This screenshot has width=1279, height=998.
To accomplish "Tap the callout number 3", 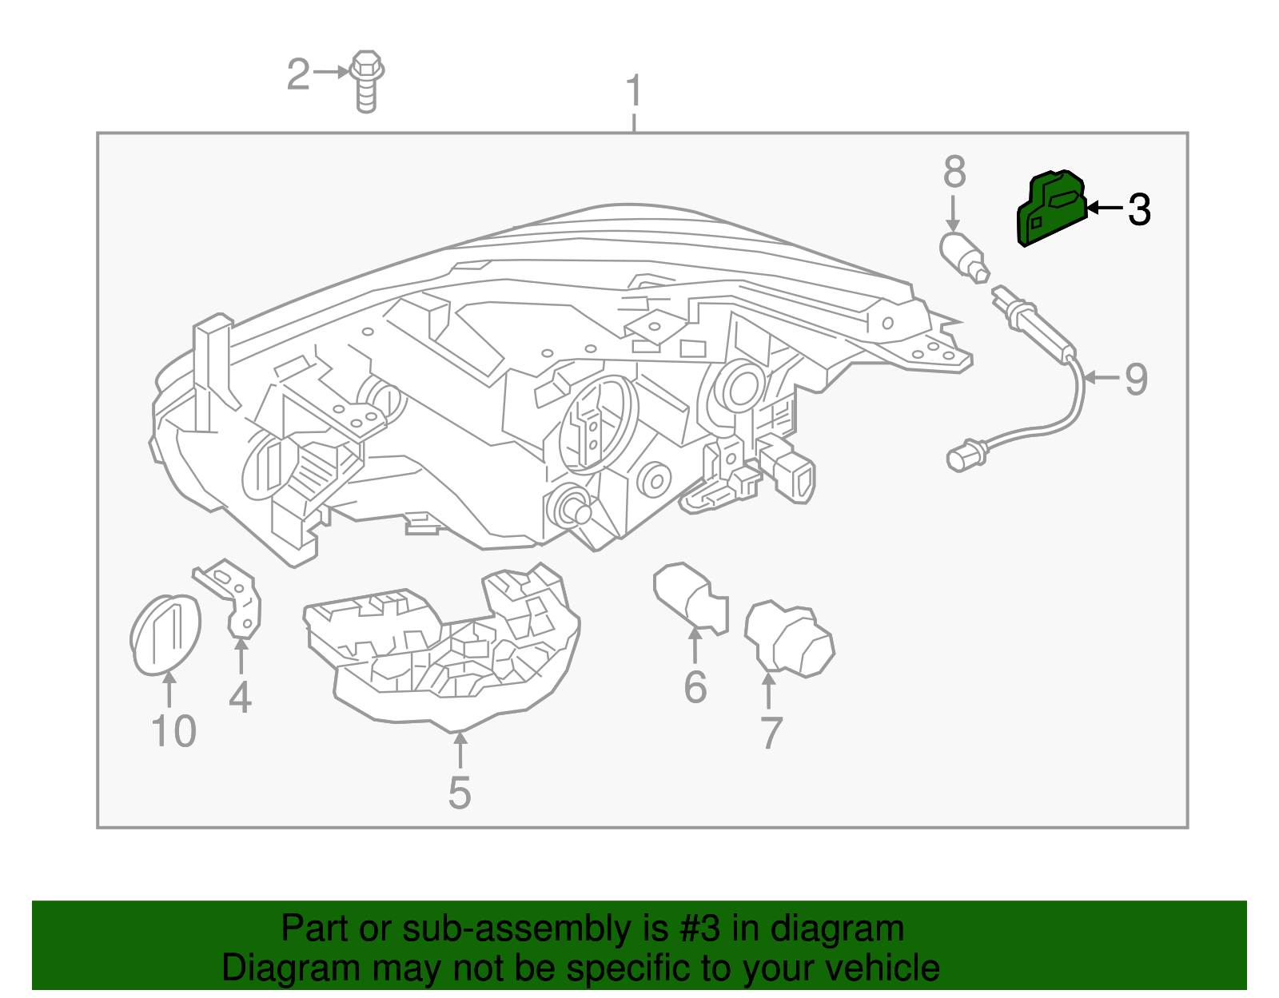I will click(1139, 209).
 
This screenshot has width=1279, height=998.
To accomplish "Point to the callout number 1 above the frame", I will click(634, 91).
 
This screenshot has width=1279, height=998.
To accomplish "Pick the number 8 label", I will click(954, 172).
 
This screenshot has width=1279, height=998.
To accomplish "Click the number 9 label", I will click(1136, 379).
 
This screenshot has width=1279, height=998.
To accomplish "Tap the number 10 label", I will click(173, 731).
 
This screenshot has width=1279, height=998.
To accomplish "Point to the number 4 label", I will click(240, 697).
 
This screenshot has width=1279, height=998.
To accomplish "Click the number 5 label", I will click(460, 793).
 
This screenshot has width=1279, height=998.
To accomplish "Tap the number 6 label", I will click(695, 687).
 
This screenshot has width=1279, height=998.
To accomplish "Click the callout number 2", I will click(298, 74).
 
